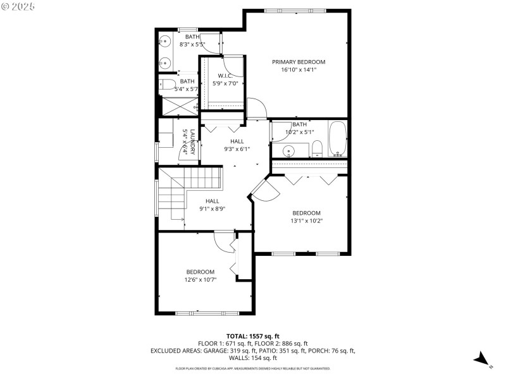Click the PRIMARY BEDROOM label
click(299, 62)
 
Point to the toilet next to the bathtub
click(318, 149)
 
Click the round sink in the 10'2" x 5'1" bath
click(289, 150)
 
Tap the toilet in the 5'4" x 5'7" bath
click(167, 85)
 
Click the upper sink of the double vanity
click(166, 42)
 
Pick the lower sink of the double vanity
click(166, 62)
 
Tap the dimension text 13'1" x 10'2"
click(306, 221)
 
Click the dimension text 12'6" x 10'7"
click(201, 279)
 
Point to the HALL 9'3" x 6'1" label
click(237, 145)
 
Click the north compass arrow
click(483, 359)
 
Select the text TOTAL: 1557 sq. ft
click(253, 336)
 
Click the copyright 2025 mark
click(19, 6)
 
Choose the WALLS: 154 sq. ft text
click(253, 358)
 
